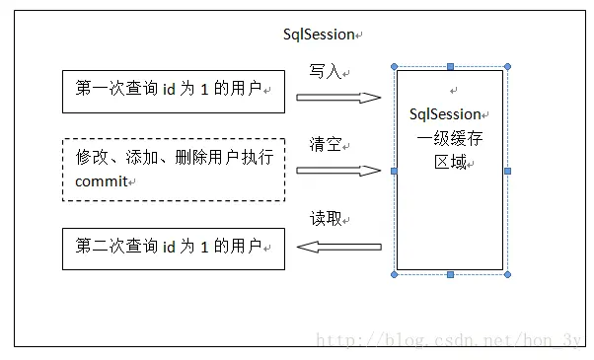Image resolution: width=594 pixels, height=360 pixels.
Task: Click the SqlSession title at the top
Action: click(318, 35)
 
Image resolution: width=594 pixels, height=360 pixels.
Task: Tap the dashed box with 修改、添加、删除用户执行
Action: click(173, 169)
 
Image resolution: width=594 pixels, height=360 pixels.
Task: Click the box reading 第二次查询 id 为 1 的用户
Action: click(173, 249)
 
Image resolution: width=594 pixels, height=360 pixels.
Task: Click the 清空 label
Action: click(325, 145)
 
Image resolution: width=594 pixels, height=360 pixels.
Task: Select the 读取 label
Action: click(325, 219)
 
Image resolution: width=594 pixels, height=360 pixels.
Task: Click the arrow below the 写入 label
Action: click(338, 97)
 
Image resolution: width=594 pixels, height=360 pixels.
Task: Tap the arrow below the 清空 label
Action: click(338, 170)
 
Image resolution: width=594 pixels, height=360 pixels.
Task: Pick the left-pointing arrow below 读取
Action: click(338, 250)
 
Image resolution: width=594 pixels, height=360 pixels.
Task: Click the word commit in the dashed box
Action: click(103, 181)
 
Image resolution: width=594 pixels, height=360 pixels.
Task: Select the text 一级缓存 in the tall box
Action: click(449, 139)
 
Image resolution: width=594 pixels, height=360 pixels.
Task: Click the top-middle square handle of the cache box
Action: click(451, 67)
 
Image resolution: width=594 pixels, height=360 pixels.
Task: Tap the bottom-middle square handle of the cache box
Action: click(451, 274)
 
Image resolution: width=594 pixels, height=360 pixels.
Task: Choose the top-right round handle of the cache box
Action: click(507, 67)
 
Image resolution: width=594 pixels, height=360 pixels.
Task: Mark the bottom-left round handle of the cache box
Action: click(395, 274)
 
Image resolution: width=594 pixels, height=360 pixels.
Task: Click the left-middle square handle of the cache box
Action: click(395, 171)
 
